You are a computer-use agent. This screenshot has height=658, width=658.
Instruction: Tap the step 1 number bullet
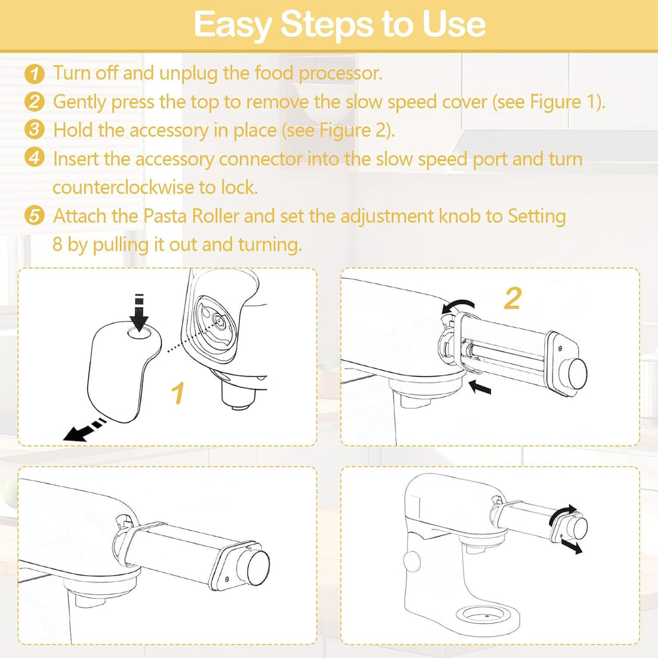click(x=34, y=74)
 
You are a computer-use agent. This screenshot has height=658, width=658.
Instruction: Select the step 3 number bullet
click(x=34, y=130)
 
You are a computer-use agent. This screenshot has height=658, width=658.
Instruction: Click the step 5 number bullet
click(x=34, y=216)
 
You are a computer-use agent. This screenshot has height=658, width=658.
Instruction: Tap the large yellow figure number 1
click(x=178, y=393)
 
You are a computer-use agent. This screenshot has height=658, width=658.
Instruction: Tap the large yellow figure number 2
click(x=512, y=299)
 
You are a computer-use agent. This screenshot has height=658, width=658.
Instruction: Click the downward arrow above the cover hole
click(x=139, y=311)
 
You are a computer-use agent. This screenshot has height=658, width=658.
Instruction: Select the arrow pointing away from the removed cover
click(x=85, y=430)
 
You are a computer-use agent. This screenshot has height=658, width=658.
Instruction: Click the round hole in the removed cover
click(x=140, y=333)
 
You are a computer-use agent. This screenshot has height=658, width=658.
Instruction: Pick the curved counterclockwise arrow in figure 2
click(x=458, y=305)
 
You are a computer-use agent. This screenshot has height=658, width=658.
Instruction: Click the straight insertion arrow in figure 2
click(x=479, y=386)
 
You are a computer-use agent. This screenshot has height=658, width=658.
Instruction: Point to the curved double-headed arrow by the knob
click(x=562, y=513)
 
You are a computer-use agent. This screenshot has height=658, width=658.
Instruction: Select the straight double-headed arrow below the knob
click(x=571, y=546)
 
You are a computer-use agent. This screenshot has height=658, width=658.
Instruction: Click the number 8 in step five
click(x=57, y=244)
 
